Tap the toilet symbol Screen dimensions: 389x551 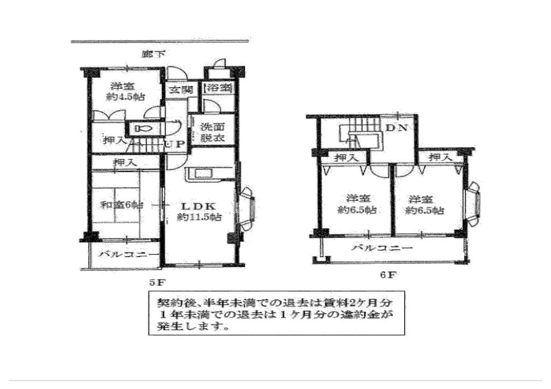(x=144, y=129)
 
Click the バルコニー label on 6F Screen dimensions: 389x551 (x=382, y=248)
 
